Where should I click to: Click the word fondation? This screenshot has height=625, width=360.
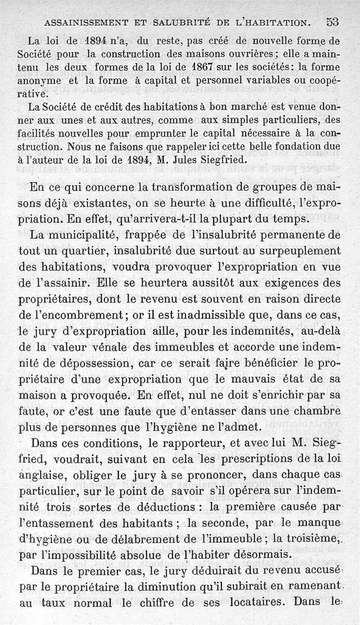click(x=295, y=147)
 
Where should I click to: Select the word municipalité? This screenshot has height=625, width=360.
click(x=82, y=235)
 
